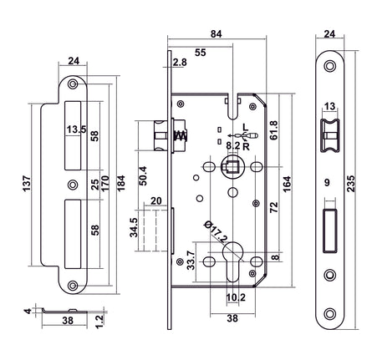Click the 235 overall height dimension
click(x=352, y=184)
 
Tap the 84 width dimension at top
click(x=216, y=33)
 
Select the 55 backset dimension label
click(x=200, y=53)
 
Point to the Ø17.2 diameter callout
click(x=216, y=231)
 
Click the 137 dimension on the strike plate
click(x=27, y=184)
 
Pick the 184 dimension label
click(x=121, y=183)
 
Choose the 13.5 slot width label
click(x=76, y=129)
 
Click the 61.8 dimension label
click(x=274, y=130)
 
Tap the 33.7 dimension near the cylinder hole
click(x=191, y=261)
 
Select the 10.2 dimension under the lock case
click(x=236, y=297)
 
